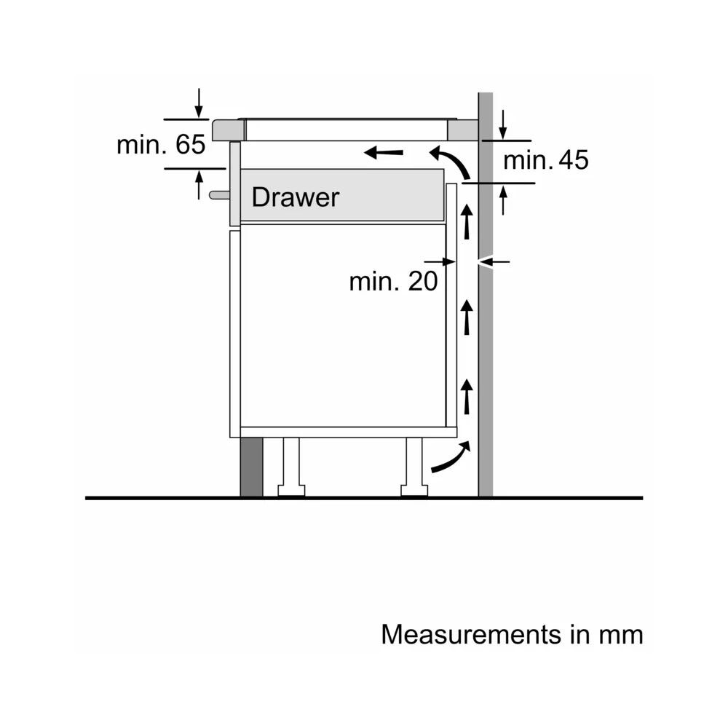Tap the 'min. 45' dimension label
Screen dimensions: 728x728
(x=546, y=160)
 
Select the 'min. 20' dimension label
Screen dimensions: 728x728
(x=393, y=281)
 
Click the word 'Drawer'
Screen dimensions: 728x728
(x=296, y=197)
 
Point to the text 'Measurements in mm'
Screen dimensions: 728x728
(x=512, y=634)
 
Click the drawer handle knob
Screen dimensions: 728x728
(x=219, y=195)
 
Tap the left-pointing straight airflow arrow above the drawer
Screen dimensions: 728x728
(x=384, y=152)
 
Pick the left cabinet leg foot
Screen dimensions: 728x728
(x=291, y=490)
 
